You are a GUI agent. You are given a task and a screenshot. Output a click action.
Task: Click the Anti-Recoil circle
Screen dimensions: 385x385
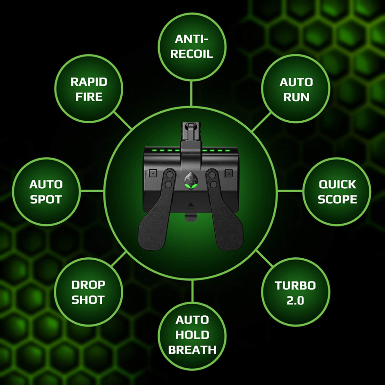[192, 47]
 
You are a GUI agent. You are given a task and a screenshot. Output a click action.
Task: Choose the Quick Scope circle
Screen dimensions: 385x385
[337, 192]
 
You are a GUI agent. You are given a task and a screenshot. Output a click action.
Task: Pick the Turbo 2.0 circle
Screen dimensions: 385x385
[295, 292]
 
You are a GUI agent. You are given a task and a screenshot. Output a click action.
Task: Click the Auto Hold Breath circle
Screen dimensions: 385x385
[192, 335]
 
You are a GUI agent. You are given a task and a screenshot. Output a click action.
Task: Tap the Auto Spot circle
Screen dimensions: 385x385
[46, 192]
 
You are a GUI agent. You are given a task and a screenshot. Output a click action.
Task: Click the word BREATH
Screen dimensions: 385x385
[192, 350]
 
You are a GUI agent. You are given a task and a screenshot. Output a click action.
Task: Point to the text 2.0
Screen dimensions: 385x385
[295, 301]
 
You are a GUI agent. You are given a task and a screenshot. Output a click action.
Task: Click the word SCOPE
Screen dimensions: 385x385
[337, 199]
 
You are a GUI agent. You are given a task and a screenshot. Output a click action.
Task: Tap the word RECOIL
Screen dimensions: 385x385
[192, 54]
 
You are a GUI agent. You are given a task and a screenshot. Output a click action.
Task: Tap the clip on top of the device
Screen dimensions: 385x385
[192, 132]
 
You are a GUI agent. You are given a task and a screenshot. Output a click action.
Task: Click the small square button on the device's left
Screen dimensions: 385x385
[153, 173]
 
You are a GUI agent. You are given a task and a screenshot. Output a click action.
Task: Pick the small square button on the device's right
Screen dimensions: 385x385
[228, 173]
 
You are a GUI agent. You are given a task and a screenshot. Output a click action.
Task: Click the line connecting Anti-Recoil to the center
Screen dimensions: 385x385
[192, 93]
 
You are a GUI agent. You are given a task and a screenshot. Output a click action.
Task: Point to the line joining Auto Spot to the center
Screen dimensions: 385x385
[92, 191]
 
